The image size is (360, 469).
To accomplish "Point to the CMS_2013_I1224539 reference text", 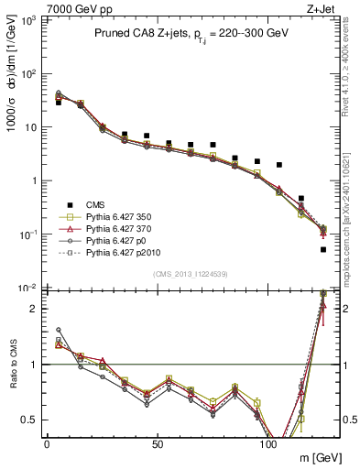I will point(191,273).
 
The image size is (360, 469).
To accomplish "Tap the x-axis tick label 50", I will point(158,443).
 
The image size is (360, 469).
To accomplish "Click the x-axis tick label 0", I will point(47,443).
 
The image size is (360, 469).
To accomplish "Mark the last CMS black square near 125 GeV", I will point(323,249).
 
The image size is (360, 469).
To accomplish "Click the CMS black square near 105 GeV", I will point(279,165).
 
